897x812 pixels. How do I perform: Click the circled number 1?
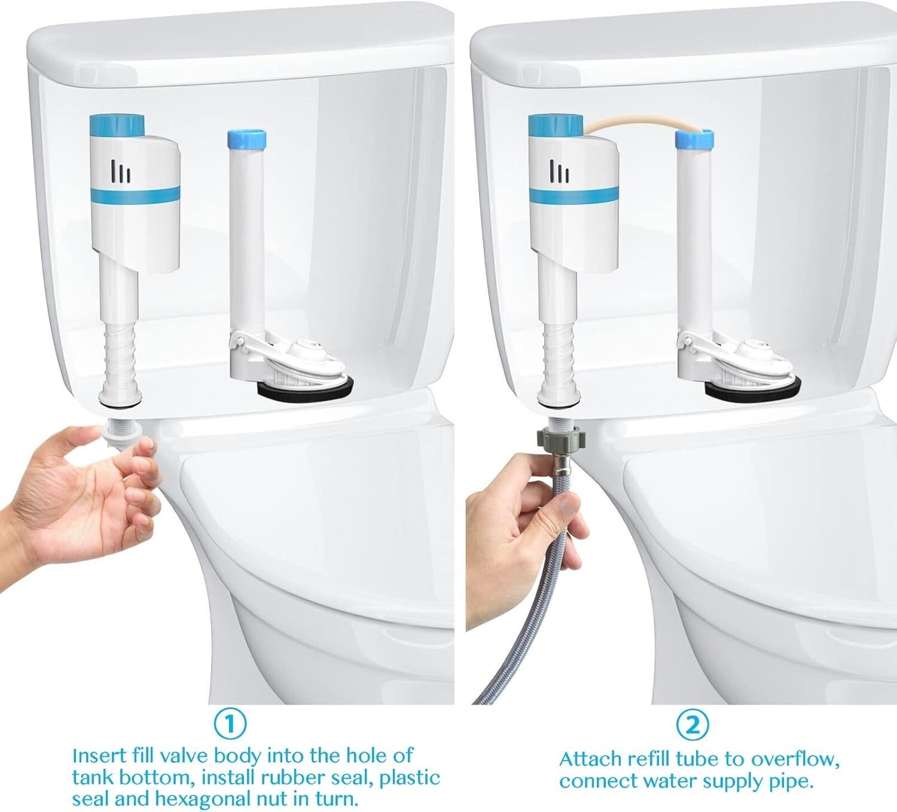click(x=230, y=724)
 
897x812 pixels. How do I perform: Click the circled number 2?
click(x=692, y=725)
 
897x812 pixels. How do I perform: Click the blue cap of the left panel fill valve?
click(x=117, y=126)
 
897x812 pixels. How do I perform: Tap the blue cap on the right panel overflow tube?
click(x=694, y=139)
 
